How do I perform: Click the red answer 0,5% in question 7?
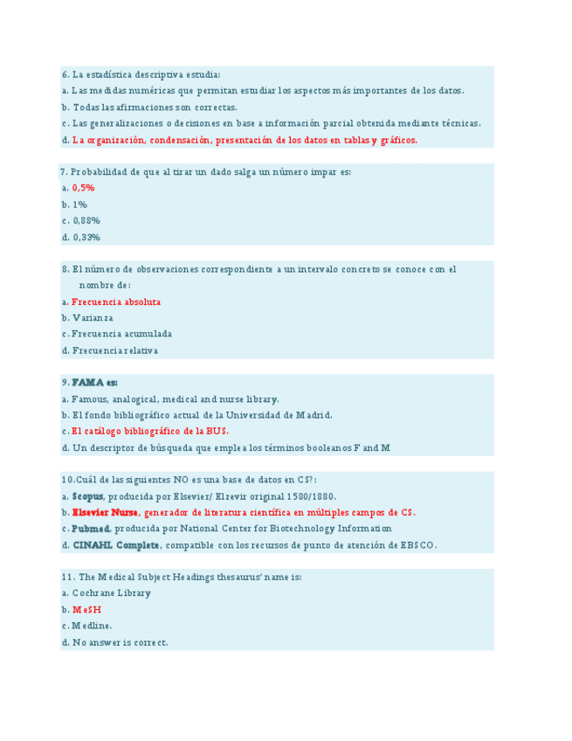tap(83, 188)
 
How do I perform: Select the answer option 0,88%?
tap(86, 220)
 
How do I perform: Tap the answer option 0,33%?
tap(86, 237)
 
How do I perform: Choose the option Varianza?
tap(93, 318)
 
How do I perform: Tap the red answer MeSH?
tap(86, 609)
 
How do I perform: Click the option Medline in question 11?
tap(92, 626)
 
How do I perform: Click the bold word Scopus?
tap(87, 496)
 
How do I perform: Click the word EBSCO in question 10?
tap(417, 545)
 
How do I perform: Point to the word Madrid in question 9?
tap(312, 415)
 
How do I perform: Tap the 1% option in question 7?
tap(79, 204)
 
